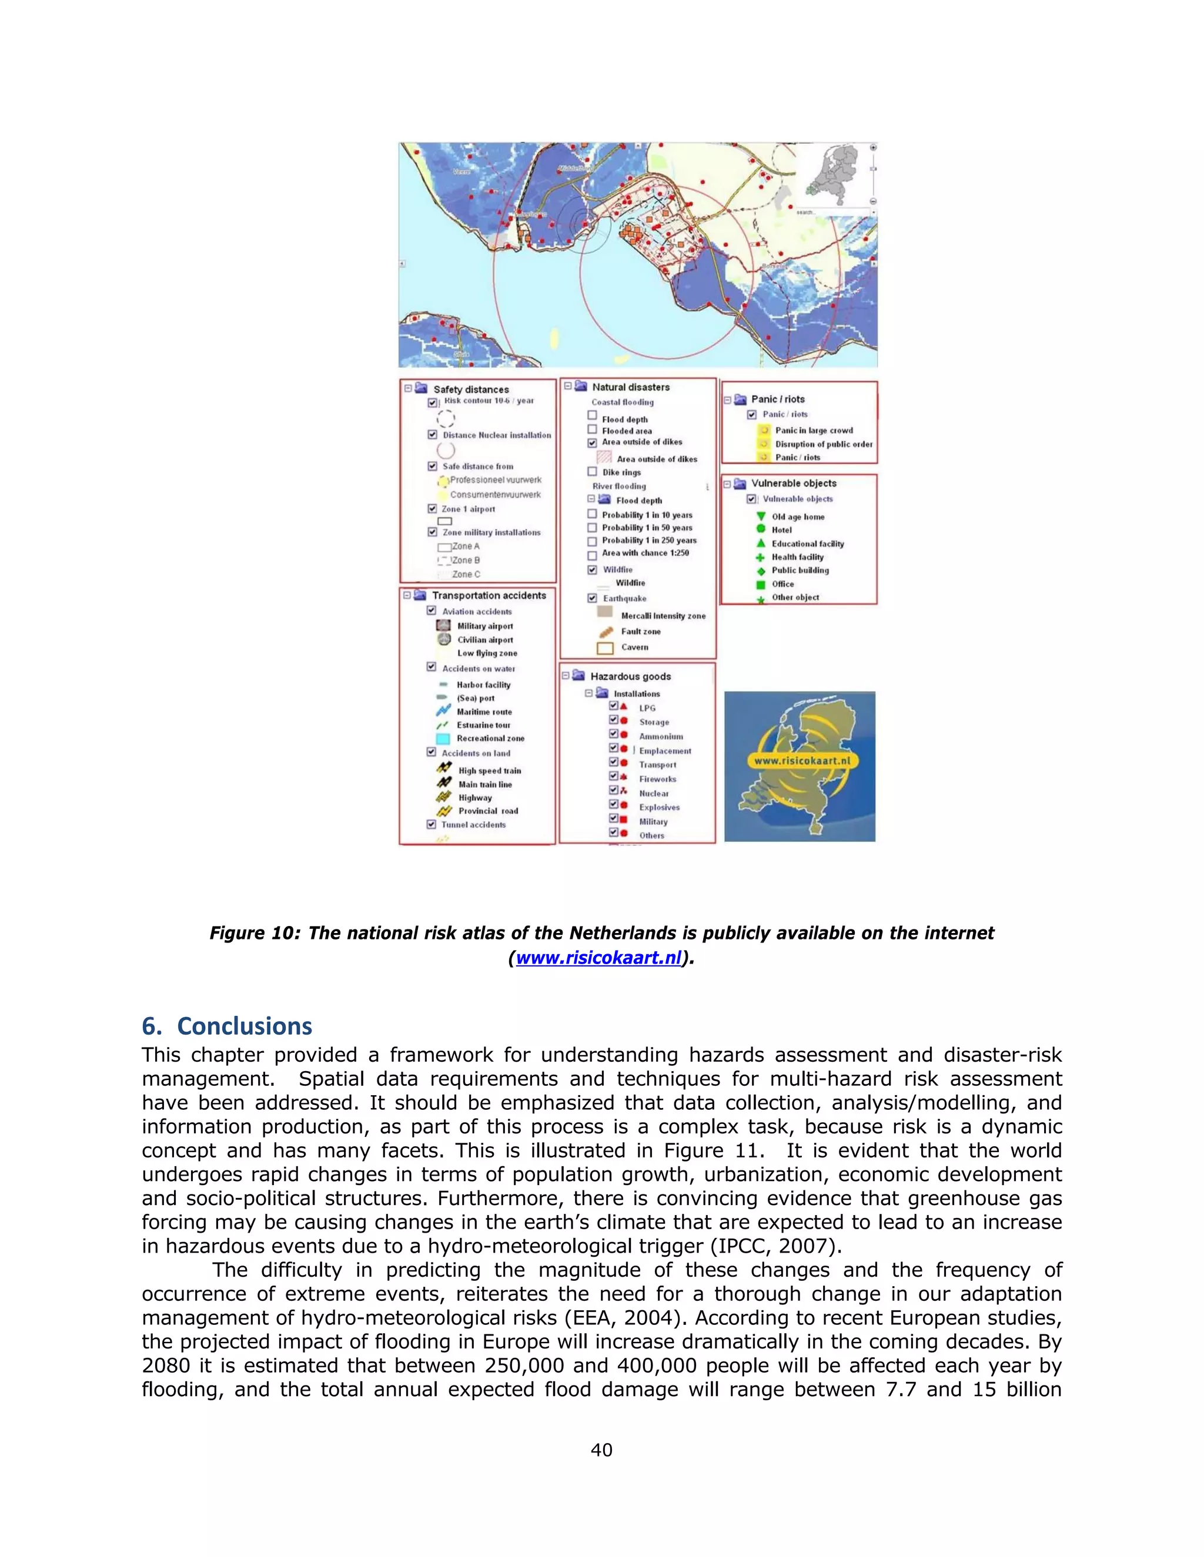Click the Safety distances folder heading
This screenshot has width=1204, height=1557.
tap(471, 389)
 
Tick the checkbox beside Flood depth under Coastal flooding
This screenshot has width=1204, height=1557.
tap(592, 415)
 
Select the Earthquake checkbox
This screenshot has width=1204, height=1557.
tap(592, 598)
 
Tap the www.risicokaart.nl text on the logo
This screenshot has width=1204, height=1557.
tap(802, 761)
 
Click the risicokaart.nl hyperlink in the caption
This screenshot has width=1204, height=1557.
tap(598, 958)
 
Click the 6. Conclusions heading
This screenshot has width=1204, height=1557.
tap(227, 1026)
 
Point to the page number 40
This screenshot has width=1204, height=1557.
tap(601, 1449)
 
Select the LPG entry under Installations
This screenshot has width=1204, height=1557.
tap(647, 708)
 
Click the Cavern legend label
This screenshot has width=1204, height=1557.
tap(634, 647)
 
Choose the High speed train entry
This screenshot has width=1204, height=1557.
tap(489, 771)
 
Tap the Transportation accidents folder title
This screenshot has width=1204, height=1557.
tap(489, 595)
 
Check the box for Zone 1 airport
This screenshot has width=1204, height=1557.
tap(432, 508)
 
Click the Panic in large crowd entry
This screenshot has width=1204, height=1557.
tap(813, 431)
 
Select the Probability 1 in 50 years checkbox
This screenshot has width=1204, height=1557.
tap(592, 528)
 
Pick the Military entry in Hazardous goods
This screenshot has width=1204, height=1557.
tap(653, 821)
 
